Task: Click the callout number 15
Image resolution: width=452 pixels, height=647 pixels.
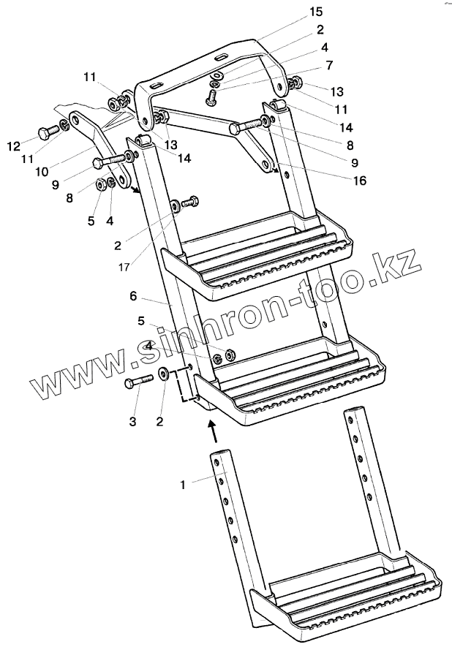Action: coord(315,12)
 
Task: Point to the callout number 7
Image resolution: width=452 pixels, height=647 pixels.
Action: coord(329,65)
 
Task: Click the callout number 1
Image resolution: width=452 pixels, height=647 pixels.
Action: coord(185,483)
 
